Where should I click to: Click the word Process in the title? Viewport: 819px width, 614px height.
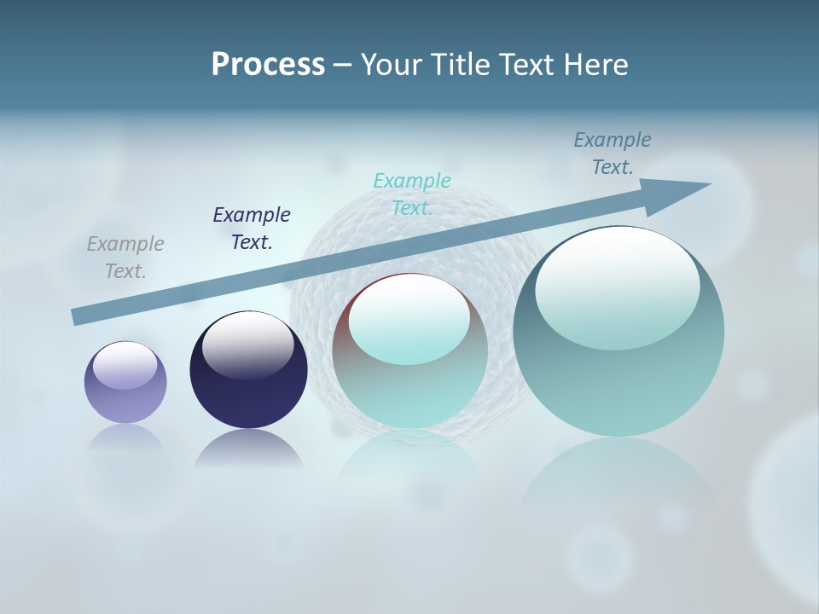pos(268,65)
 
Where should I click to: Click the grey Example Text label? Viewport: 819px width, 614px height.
pos(125,258)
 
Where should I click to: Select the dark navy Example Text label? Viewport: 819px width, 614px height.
pos(252,229)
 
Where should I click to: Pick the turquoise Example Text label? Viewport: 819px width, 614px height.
pos(412,194)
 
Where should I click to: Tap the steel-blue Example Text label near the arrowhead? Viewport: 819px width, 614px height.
pos(613,153)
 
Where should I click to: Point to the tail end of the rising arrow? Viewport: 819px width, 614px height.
pos(78,316)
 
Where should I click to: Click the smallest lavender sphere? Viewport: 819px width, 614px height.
pos(125,392)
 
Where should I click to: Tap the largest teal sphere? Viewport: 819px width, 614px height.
pos(619,375)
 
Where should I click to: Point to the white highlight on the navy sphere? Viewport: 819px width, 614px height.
pos(247,345)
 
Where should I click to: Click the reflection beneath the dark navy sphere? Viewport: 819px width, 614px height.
pos(248,450)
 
